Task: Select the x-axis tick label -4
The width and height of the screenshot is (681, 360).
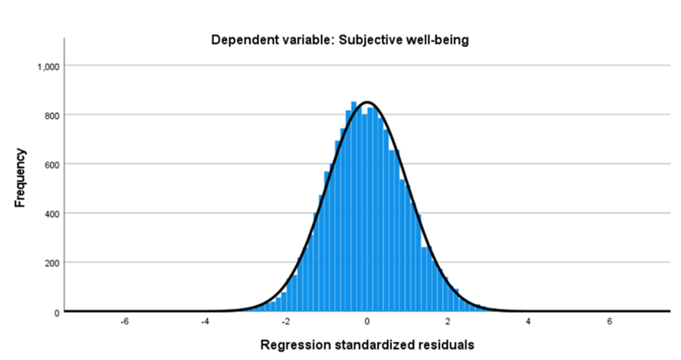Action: coord(204,323)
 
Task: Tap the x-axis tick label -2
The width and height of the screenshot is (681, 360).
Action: coord(285,323)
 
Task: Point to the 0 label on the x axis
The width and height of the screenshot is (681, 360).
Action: coord(367,323)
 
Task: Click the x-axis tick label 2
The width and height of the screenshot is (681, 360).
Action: coord(448,323)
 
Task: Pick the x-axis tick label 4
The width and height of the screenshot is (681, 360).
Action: coord(529,323)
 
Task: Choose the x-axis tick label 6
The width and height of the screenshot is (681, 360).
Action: coord(610,323)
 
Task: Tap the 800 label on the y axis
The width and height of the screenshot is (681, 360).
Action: coord(50,115)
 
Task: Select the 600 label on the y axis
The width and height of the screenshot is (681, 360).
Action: coord(50,165)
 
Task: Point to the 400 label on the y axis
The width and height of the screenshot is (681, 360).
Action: coord(50,214)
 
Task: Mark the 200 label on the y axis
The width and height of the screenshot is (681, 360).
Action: coord(50,263)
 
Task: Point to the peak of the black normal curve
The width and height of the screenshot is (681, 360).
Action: coord(367,102)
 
